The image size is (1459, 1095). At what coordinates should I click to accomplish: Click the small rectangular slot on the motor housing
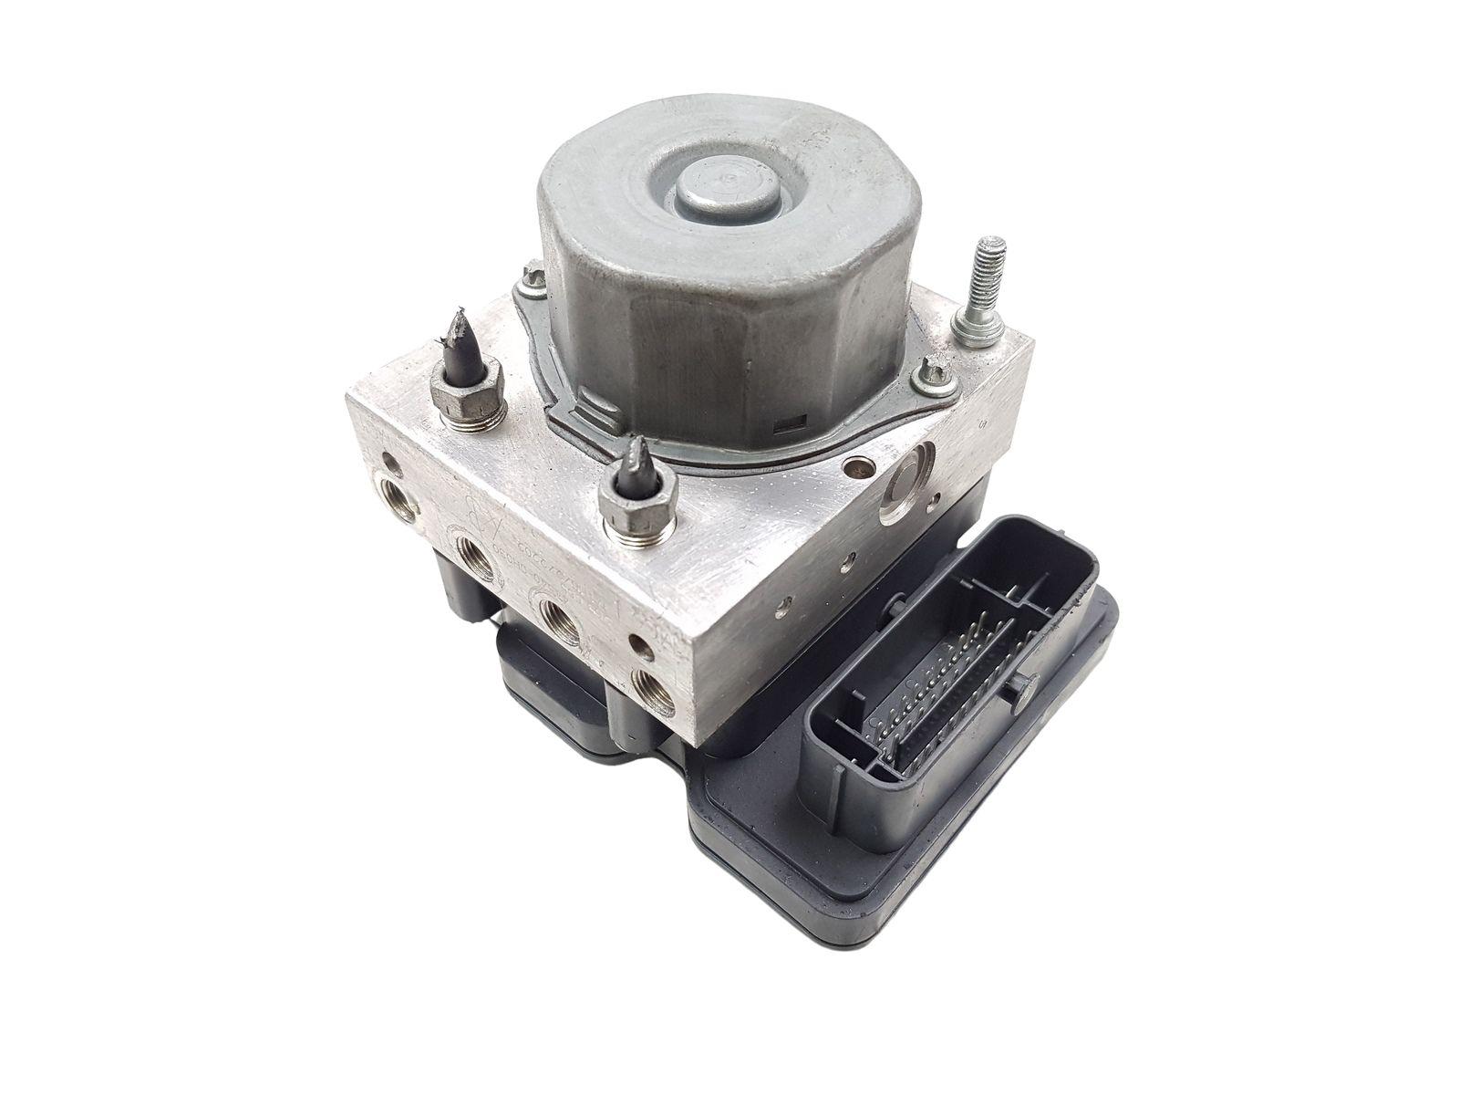(x=786, y=423)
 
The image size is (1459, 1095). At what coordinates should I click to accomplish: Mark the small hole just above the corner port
(x=645, y=648)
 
